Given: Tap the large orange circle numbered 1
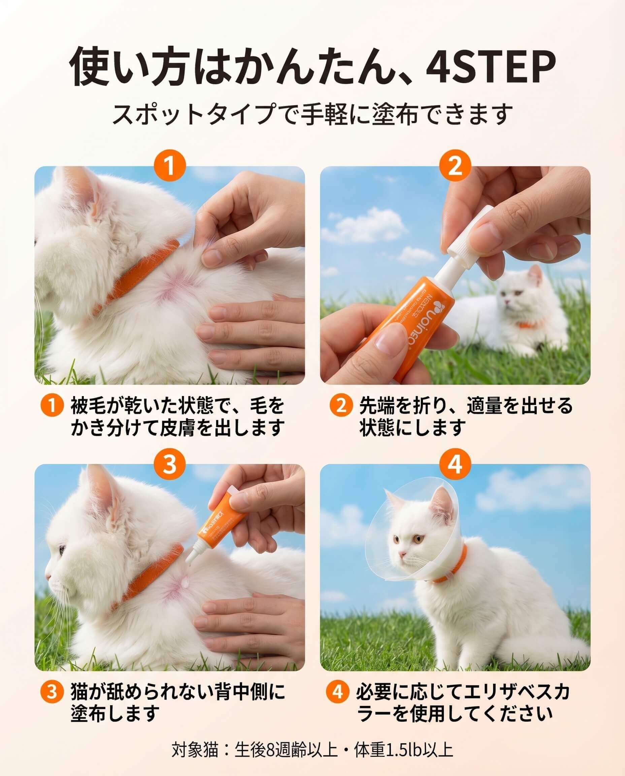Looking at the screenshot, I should [170, 167].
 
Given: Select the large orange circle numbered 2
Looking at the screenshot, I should [455, 167].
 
